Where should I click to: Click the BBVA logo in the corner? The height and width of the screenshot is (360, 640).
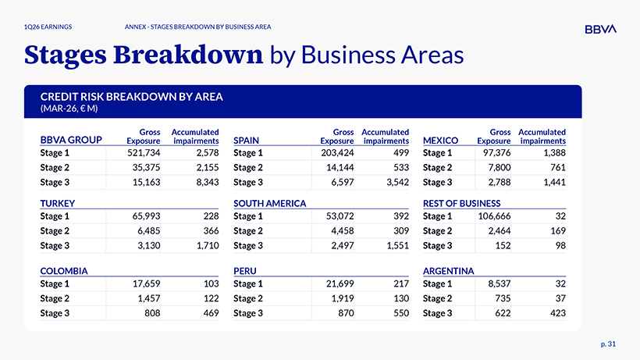[600, 29]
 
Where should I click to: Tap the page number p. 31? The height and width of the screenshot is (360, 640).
[608, 344]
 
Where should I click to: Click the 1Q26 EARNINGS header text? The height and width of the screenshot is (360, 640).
[48, 27]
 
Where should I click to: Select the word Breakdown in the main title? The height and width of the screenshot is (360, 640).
[188, 55]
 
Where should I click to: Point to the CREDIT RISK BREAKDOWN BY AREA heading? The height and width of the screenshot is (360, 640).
[131, 97]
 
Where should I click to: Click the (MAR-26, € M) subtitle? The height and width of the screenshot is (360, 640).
[69, 109]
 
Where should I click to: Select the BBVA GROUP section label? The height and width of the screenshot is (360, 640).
[71, 140]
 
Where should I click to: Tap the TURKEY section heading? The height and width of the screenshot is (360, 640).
[58, 203]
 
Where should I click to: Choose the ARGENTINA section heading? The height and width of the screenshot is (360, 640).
[448, 271]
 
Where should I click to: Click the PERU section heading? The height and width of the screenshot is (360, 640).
[245, 271]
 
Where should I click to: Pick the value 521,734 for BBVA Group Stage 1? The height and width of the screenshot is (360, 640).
[144, 153]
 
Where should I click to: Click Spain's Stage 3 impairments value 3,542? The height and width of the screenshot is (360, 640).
[397, 183]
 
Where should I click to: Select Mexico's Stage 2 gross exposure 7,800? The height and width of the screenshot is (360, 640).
[500, 168]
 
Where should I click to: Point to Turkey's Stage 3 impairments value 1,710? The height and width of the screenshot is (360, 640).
[208, 246]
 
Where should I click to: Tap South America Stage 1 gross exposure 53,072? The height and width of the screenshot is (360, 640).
[340, 216]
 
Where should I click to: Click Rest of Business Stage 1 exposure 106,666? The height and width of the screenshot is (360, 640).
[494, 216]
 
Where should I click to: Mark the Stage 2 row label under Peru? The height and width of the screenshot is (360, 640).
[247, 299]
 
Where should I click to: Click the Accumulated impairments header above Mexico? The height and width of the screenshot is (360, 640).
[542, 137]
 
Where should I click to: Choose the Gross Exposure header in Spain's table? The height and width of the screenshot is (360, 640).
[336, 137]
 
